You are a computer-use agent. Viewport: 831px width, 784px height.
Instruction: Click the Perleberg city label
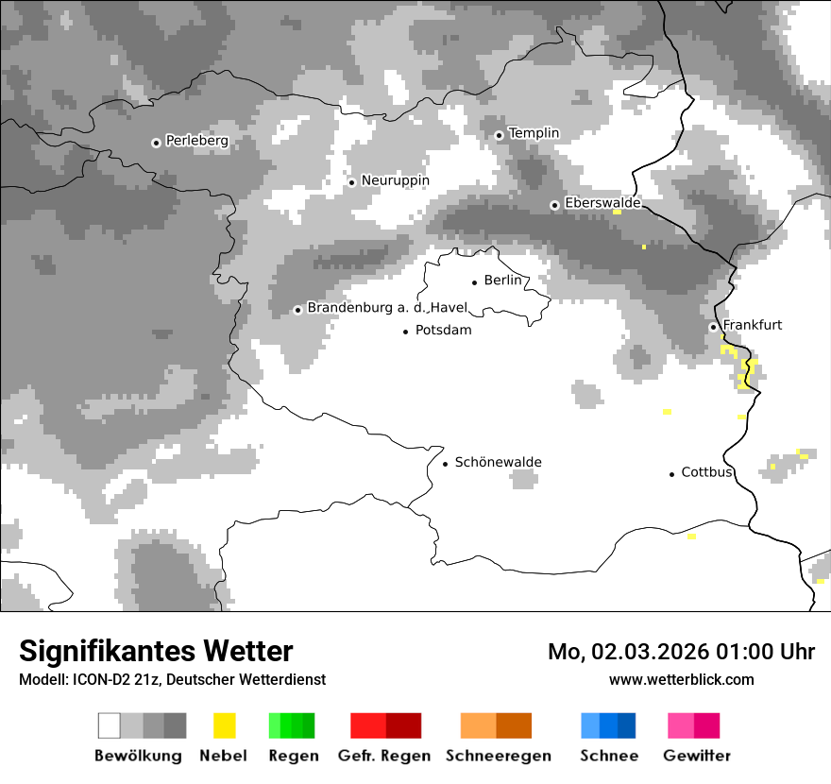[x=196, y=141]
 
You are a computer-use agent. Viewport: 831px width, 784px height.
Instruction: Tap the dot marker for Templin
[x=500, y=135]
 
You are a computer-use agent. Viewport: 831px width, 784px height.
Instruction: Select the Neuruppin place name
[x=395, y=180]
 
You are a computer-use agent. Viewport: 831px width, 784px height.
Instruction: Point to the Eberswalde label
[x=602, y=203]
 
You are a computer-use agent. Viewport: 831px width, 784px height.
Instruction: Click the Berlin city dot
[x=475, y=282]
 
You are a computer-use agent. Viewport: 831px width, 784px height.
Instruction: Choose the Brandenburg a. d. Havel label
[x=387, y=308]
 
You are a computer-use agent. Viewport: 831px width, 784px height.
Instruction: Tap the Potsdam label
[x=443, y=331]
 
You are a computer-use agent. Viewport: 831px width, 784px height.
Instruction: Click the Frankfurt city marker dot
[x=714, y=328]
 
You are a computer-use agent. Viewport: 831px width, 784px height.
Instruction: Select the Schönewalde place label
[x=498, y=462]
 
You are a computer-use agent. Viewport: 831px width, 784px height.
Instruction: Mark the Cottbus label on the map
[x=706, y=472]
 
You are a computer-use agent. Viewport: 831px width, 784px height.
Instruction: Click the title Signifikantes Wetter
[x=156, y=651]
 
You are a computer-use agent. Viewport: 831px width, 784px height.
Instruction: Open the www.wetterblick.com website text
[x=681, y=679]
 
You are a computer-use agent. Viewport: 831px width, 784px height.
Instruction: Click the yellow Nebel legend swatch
[x=225, y=725]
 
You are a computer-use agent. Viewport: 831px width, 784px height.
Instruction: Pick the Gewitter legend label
[x=696, y=756]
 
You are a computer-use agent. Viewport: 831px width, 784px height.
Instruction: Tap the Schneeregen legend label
[x=498, y=756]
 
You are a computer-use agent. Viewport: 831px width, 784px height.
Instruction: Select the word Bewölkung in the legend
[x=138, y=756]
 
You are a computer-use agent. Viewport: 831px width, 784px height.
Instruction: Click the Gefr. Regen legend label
[x=383, y=756]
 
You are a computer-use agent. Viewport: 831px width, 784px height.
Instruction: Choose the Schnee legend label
[x=608, y=756]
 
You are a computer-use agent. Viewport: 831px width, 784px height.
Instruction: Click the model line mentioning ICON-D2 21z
[x=172, y=679]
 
